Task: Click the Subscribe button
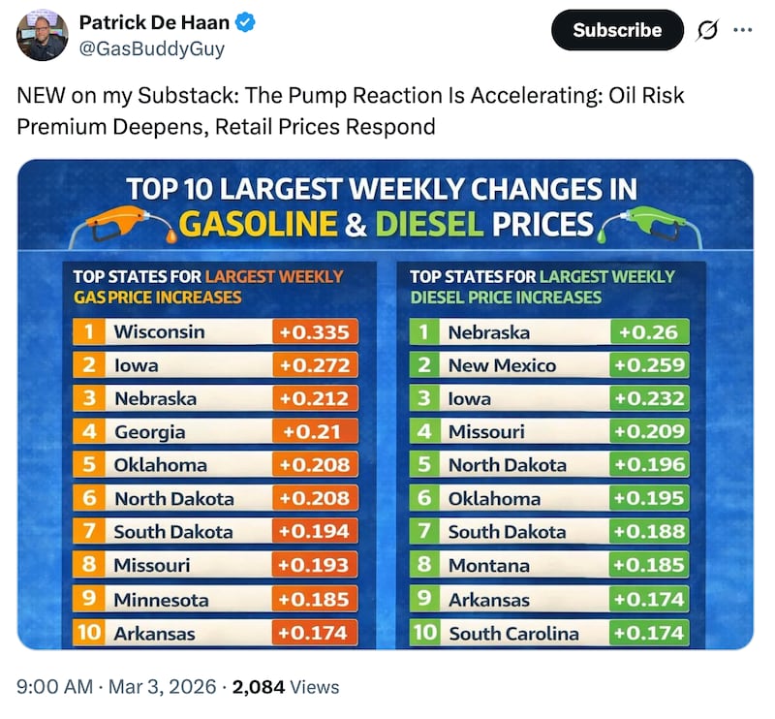point(618,30)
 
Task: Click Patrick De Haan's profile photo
point(43,37)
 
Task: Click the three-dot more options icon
point(742,30)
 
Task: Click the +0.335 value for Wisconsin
point(314,332)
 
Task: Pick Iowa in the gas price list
point(136,365)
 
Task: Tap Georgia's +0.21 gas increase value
point(314,432)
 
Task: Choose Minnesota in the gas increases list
point(162,599)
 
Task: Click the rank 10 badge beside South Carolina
point(424,634)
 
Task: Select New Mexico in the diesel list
point(502,365)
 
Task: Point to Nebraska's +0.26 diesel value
point(648,332)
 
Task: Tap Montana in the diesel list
point(488,565)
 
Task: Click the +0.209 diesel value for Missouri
point(648,432)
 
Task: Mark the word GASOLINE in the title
point(259,225)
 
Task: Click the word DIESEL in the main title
point(429,225)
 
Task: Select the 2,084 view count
point(259,687)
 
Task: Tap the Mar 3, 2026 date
point(162,687)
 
